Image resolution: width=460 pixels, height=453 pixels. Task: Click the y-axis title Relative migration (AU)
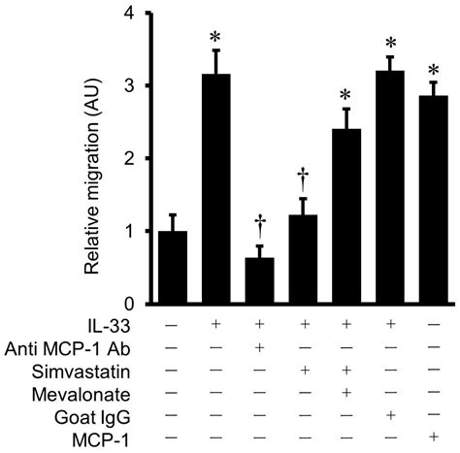point(97,158)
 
